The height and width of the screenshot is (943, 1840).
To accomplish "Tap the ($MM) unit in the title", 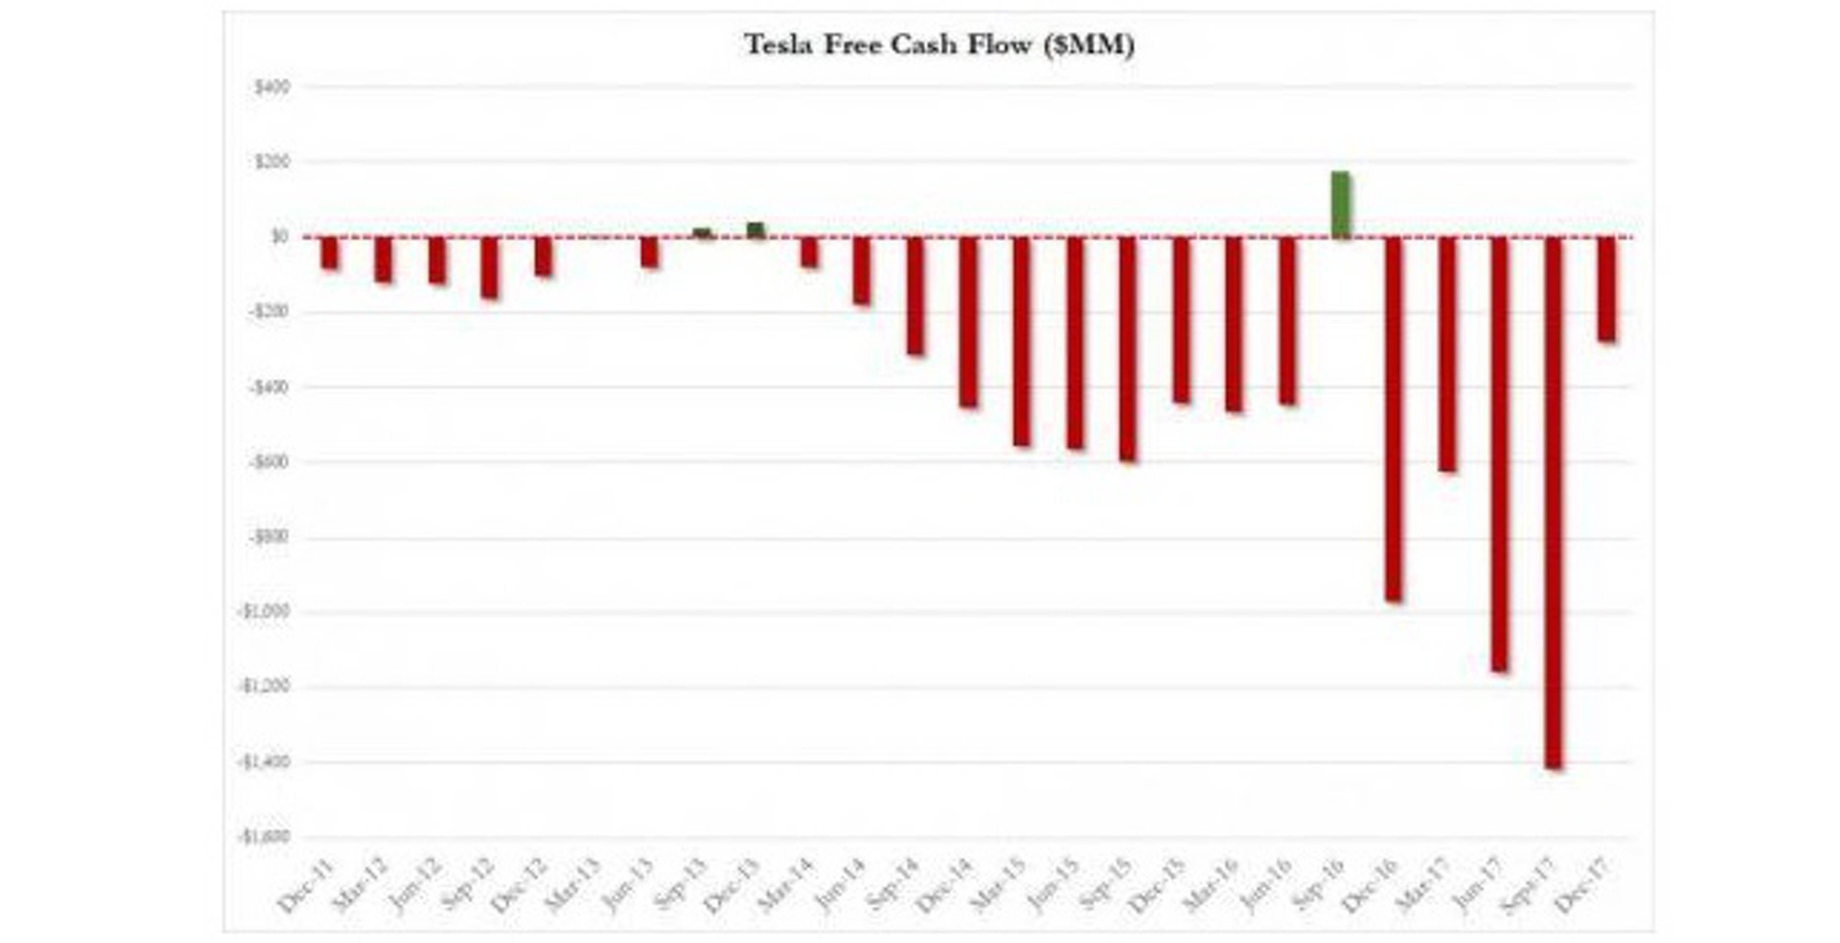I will pos(1088,45).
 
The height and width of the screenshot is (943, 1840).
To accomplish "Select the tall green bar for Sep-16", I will pos(1341,205).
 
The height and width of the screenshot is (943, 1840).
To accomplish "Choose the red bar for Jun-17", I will pos(1500,454).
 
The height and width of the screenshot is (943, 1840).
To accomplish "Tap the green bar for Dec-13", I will pos(756,230).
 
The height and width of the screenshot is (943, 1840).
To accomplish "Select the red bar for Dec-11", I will pos(330,253).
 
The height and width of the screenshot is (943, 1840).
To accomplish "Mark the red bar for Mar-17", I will pos(1447,354).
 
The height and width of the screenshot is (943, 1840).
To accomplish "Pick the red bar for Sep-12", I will pos(489,267).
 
